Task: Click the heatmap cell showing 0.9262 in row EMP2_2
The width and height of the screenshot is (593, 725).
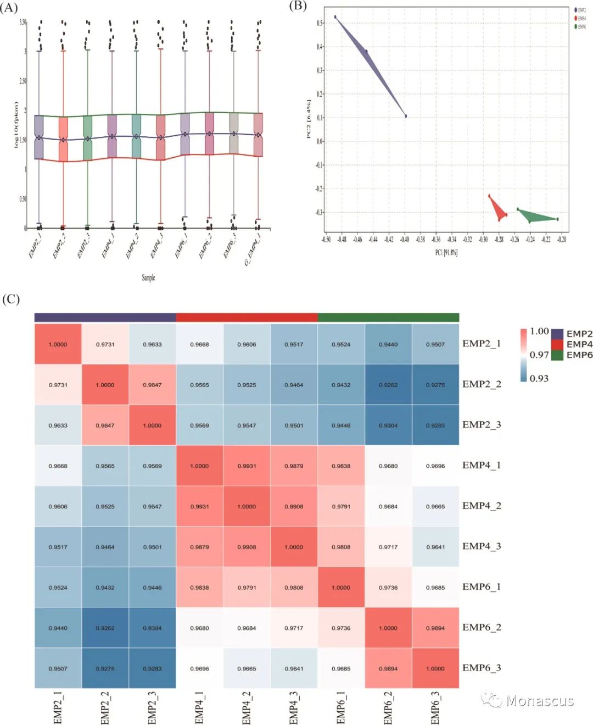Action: pos(388,385)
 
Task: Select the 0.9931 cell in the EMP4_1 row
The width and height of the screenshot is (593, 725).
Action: pos(247,466)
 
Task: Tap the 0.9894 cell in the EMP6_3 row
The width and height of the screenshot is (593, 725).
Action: pos(388,668)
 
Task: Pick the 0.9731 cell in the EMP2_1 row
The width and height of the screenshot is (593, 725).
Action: pos(105,344)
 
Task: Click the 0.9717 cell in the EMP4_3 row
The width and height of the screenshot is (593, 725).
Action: pos(388,547)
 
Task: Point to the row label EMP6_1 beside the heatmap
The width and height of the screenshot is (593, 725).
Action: pos(482,586)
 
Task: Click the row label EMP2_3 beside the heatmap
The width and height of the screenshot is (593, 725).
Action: pos(482,424)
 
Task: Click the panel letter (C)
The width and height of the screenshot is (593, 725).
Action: pos(11,299)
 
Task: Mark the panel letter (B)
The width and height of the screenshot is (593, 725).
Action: pos(298,5)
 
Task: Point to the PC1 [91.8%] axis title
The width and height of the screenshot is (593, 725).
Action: pos(446,252)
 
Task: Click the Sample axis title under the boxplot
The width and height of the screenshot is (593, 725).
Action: pos(148,278)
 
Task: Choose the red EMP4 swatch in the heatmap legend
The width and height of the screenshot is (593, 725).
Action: pos(557,344)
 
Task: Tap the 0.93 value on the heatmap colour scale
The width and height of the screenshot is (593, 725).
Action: pos(539,378)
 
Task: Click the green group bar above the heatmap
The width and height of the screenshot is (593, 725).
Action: pos(388,317)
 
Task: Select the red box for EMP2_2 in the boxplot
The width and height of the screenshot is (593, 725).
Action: pos(63,139)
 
